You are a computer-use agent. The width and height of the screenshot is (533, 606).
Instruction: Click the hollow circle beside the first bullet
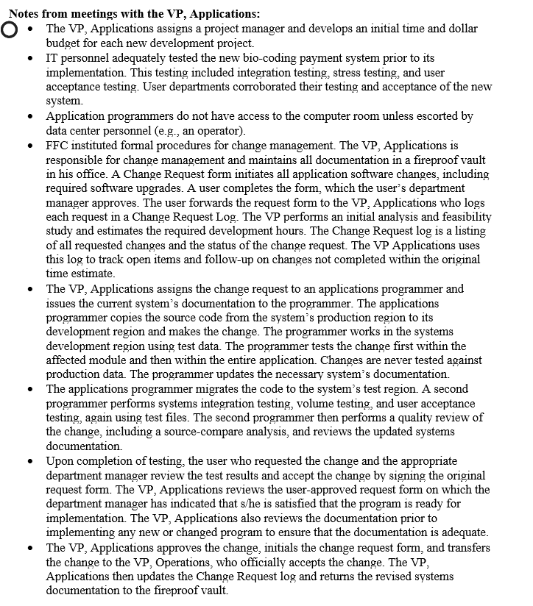9,30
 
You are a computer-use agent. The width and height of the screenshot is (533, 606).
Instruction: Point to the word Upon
60,461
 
